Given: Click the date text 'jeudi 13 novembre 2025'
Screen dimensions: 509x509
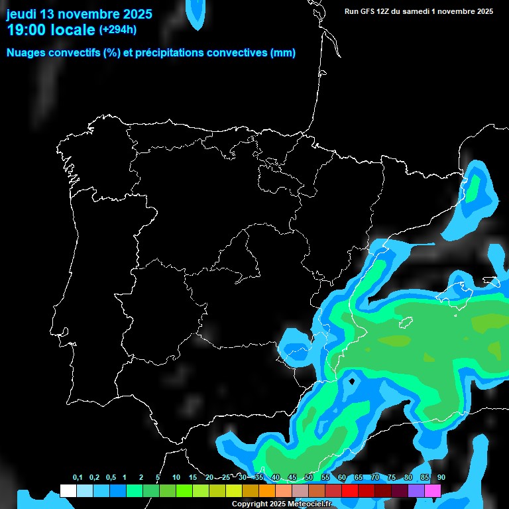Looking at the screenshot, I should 79,14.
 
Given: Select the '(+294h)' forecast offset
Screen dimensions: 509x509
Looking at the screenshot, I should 117,30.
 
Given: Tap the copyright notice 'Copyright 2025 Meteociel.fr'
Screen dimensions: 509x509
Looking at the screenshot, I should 282,504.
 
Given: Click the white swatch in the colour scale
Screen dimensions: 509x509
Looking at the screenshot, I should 68,491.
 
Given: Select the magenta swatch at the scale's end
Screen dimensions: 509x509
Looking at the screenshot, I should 433,491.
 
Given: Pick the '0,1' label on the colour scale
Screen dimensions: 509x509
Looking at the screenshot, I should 78,478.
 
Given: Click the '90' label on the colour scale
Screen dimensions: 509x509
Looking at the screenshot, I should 441,478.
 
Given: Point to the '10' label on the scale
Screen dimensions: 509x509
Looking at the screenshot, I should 176,478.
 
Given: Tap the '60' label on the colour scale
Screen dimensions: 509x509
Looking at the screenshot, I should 341,478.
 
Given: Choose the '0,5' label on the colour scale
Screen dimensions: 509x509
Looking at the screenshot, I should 111,478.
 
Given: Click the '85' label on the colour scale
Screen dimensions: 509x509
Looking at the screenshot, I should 424,478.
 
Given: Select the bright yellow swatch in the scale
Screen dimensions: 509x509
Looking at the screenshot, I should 233,491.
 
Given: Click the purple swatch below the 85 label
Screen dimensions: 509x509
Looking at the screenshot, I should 416,491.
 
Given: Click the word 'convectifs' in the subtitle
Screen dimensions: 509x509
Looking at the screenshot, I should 71,53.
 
